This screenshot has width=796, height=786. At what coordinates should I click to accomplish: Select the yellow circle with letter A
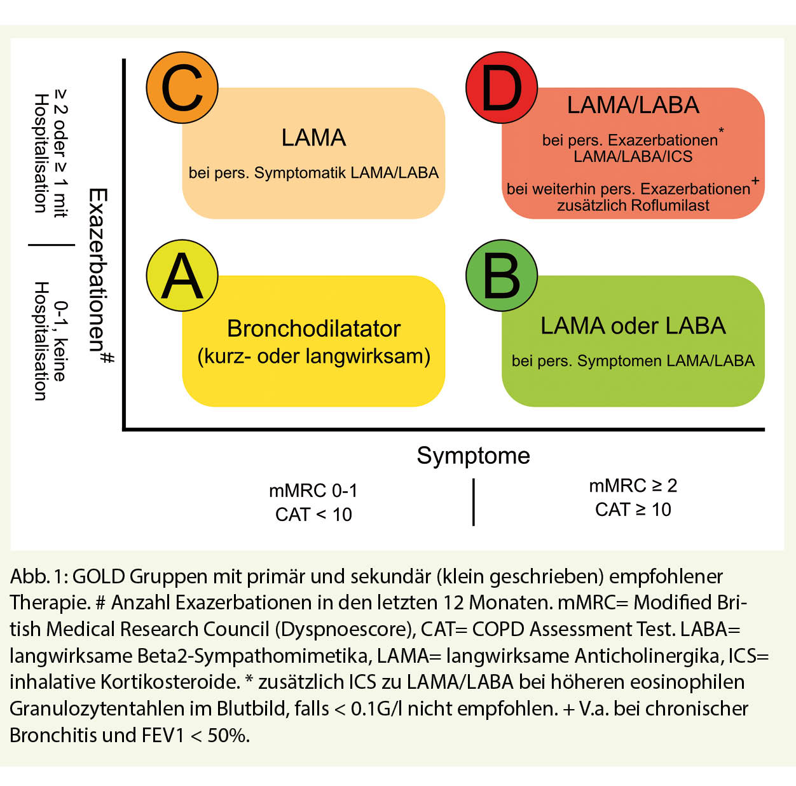point(182,275)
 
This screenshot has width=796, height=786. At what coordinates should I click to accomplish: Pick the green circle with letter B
point(502,275)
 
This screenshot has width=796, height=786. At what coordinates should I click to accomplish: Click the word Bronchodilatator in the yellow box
point(313,329)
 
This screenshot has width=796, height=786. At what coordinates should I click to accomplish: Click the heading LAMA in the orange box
point(313,137)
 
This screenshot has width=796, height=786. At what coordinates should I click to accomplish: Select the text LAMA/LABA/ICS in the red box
point(633,156)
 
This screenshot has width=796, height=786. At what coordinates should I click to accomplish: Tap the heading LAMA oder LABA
point(633,325)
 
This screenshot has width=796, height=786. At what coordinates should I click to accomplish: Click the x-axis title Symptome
point(473,456)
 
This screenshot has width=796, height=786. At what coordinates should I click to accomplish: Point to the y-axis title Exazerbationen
point(97,269)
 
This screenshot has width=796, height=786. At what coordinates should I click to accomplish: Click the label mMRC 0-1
point(313,491)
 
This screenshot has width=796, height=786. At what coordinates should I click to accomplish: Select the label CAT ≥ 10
point(633,510)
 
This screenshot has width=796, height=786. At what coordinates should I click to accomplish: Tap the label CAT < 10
point(313,514)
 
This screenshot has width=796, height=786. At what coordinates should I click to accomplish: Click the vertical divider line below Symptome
point(474,502)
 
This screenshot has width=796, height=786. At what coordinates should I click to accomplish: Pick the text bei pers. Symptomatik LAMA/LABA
point(313,173)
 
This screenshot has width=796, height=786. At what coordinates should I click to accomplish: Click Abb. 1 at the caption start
point(38,576)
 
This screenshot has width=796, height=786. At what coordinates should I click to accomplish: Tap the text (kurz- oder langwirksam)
point(313,356)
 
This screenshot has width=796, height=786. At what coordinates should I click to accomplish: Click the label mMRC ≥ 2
point(633,485)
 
